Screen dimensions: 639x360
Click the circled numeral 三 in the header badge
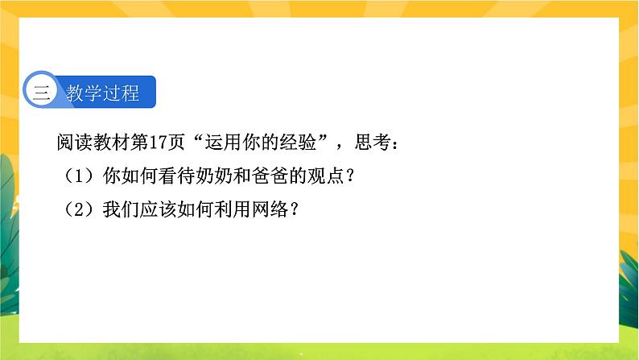coord(42,93)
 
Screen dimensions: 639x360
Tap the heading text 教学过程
coord(103,93)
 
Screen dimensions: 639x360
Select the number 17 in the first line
coord(158,143)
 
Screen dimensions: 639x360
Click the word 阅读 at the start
coord(75,143)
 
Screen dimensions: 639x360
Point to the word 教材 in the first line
coord(112,143)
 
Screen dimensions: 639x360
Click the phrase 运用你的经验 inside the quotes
coord(261,143)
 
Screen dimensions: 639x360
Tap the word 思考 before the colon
coord(373,143)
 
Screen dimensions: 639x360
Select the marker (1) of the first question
coord(80,176)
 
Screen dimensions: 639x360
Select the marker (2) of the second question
coord(80,210)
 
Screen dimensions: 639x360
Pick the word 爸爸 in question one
coord(270,176)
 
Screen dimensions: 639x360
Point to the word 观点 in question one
coord(326,176)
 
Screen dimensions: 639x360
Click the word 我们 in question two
coord(122,210)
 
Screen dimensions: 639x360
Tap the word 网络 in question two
coord(270,210)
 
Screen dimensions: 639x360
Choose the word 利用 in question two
coord(233,210)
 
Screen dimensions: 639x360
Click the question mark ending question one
coord(349,176)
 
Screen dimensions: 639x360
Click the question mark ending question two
coord(295,210)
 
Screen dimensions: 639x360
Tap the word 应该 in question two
coord(159,210)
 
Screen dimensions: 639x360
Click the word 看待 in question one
coord(177,176)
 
